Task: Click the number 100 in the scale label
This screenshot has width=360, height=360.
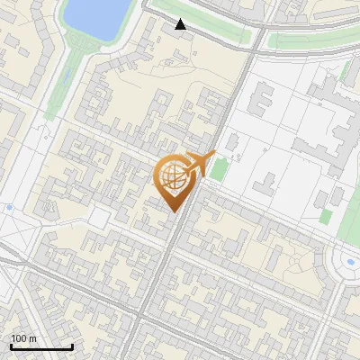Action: click(x=19, y=338)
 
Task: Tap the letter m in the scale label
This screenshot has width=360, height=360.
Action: click(x=32, y=338)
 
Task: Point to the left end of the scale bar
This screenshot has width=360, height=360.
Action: click(x=11, y=346)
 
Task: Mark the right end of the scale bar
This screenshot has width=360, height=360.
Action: click(x=72, y=346)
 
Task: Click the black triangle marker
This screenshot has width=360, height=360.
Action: click(x=181, y=24)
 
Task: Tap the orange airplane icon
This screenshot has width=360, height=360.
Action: click(x=199, y=164)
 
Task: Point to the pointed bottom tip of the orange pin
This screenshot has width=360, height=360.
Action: click(x=174, y=212)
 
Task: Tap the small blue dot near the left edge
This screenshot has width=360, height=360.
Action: click(x=9, y=208)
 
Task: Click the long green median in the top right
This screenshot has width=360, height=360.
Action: click(x=310, y=41)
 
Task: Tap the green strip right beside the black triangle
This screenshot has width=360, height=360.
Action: click(x=202, y=26)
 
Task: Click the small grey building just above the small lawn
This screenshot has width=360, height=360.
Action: click(x=230, y=143)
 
